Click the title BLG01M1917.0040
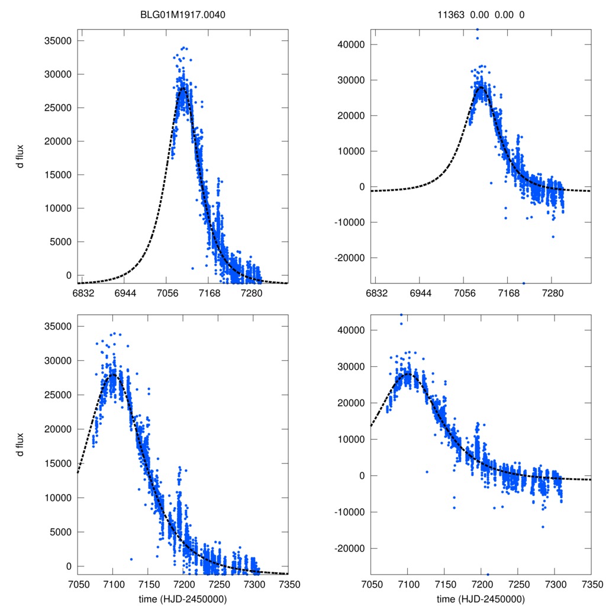coord(184,16)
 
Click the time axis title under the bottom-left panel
coord(183,598)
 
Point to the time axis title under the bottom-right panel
coord(481,598)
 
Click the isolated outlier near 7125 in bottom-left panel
coord(131,559)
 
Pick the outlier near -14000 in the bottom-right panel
coord(542,527)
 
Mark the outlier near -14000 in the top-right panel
coord(553,237)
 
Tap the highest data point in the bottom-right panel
coord(401,315)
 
